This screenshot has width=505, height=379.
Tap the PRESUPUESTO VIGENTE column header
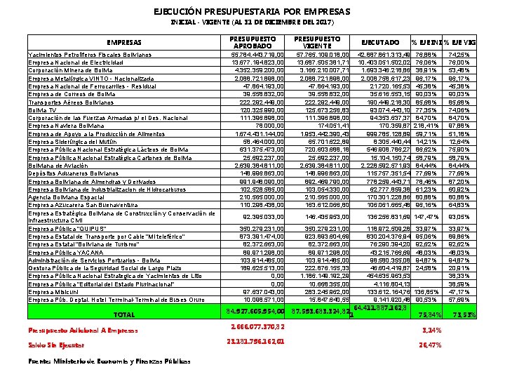pyautogui.click(x=318, y=42)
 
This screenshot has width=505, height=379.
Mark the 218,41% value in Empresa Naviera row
pyautogui.click(x=426, y=126)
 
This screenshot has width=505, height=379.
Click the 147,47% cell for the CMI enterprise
pyautogui.click(x=426, y=217)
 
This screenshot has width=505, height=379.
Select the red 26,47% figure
pyautogui.click(x=427, y=345)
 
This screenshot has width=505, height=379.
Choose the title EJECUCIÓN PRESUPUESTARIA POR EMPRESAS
pyautogui.click(x=252, y=12)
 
